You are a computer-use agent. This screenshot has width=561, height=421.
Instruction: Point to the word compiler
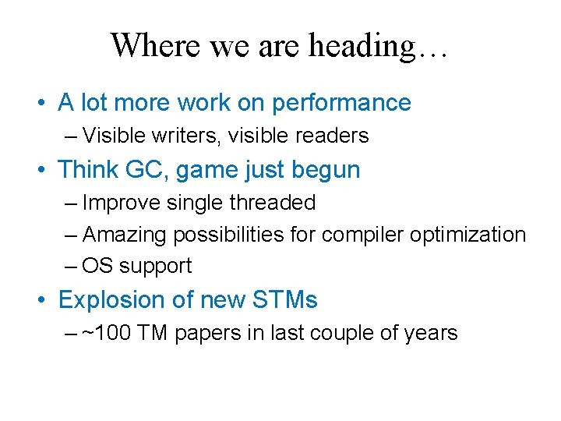360,235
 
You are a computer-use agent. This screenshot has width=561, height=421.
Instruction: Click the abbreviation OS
97,266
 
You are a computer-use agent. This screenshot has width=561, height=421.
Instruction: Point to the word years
430,334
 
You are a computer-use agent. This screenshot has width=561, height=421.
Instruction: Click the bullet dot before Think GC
48,170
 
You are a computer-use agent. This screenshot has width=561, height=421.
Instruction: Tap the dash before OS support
72,266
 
